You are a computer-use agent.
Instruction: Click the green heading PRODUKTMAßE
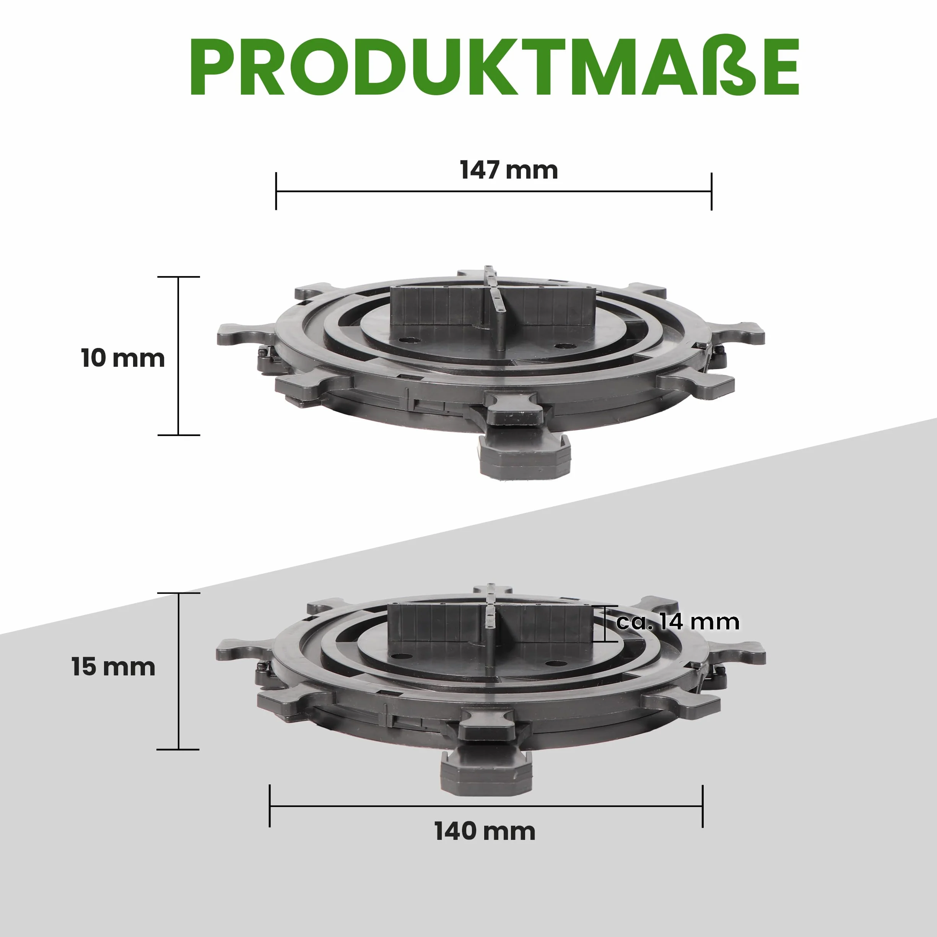(x=494, y=67)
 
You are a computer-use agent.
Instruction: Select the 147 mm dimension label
(x=509, y=170)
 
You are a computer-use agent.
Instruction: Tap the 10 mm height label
(x=123, y=358)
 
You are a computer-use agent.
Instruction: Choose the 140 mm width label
(x=485, y=831)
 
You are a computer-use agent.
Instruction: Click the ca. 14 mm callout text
(x=678, y=622)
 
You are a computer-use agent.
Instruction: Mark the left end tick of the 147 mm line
(x=276, y=191)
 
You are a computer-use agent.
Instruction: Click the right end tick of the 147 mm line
(x=711, y=191)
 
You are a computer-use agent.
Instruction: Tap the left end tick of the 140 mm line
(x=270, y=806)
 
